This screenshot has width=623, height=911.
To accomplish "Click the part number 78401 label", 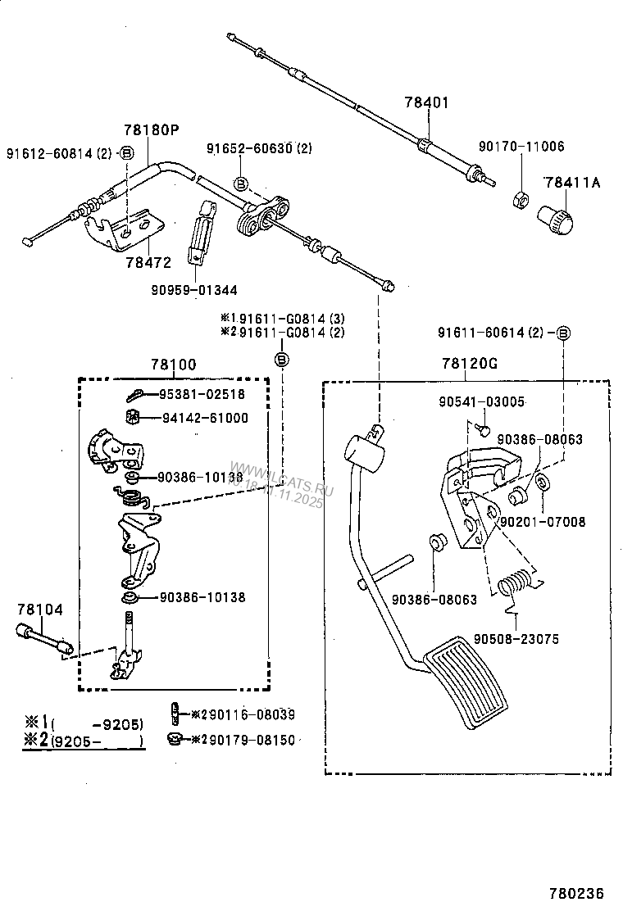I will pos(427,103).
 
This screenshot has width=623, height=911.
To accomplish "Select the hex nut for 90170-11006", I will pos(519,197).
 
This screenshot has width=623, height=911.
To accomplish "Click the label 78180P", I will pos(151,130).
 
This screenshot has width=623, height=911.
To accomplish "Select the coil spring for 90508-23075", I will pos(515,585).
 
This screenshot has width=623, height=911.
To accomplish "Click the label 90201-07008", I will pos(543,521).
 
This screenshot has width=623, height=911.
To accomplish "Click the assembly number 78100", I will pos(174,365).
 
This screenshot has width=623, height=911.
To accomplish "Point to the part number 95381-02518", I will pos(202,394).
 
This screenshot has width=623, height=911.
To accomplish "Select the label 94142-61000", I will pos(204,418).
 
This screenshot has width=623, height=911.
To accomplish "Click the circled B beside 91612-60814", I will pos(126,152).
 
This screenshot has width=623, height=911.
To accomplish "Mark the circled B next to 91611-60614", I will pos(563,333).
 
